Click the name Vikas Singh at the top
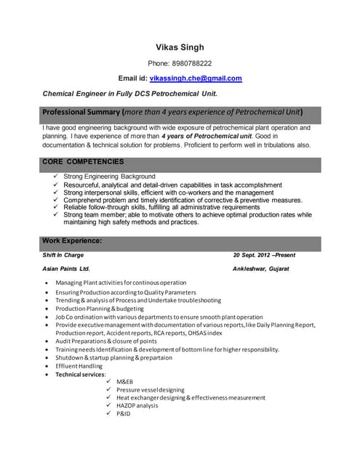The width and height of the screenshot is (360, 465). [x=180, y=47]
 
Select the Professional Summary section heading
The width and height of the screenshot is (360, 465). [x=172, y=113]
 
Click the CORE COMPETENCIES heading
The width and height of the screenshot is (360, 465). [x=83, y=161]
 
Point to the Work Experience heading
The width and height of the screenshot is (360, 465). [x=72, y=240]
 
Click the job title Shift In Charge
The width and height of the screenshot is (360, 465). [x=63, y=255]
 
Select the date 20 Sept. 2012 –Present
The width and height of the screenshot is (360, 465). [x=264, y=255]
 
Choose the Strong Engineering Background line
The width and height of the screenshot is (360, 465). [x=109, y=177]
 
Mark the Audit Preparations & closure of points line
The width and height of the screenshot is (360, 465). [x=105, y=341]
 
